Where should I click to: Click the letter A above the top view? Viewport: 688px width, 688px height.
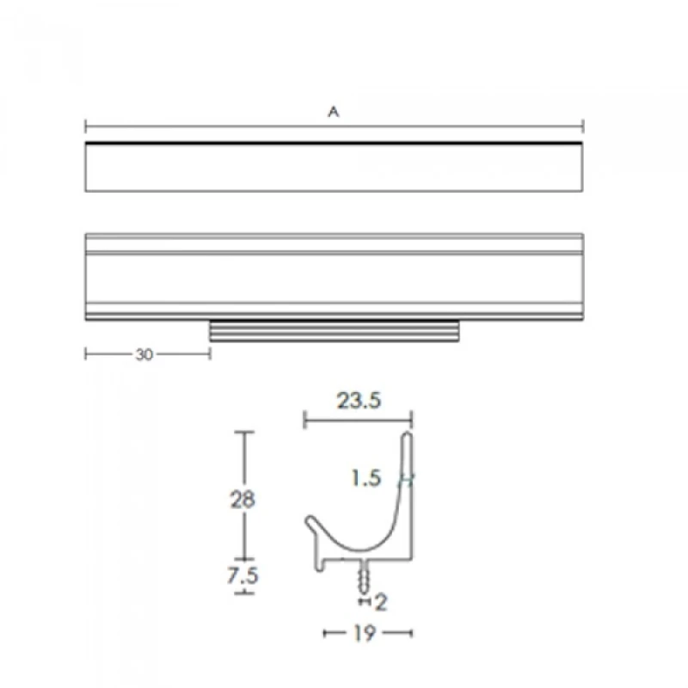pos(334,112)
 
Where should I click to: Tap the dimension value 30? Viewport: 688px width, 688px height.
pos(144,354)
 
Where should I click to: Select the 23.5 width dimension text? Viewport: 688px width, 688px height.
pos(359,401)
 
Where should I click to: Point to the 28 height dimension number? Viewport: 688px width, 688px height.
pos(243,500)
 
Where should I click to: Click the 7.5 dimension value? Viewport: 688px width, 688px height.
pos(243,575)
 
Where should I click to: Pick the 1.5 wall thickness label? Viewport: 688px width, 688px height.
pos(366,478)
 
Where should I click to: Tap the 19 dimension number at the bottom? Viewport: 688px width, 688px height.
pos(364,633)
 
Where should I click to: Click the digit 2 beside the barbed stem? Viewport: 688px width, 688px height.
pos(381,603)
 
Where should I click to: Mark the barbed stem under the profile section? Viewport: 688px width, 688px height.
pos(364,577)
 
